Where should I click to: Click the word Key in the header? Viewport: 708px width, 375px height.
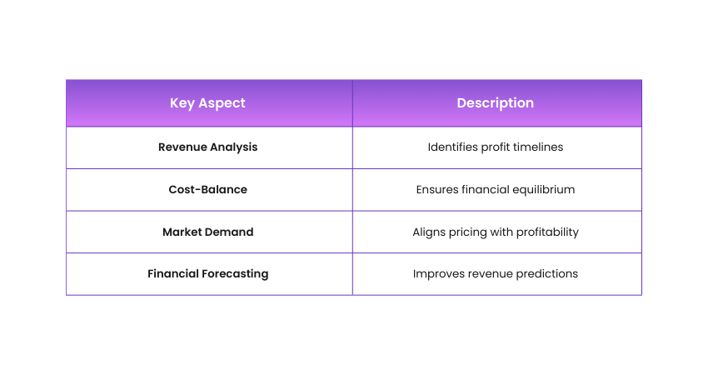[182, 103]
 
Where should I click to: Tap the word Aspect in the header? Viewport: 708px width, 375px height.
[222, 103]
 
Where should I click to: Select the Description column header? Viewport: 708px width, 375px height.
[496, 103]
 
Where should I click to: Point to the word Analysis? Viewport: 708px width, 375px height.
[234, 147]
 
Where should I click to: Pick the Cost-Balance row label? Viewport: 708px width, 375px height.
[207, 189]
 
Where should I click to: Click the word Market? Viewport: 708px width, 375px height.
[182, 232]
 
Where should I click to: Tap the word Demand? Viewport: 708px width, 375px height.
[229, 232]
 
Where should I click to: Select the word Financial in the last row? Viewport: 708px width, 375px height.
[173, 273]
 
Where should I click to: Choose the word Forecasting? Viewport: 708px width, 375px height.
[235, 274]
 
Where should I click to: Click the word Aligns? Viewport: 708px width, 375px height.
[427, 232]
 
